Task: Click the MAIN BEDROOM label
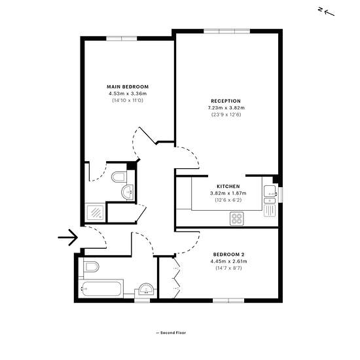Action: click(128, 87)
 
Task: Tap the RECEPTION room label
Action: click(226, 101)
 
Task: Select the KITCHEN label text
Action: click(228, 187)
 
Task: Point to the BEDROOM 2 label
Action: click(228, 255)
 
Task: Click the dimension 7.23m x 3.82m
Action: click(226, 108)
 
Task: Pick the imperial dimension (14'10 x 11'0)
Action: click(128, 100)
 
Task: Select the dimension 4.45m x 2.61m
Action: click(228, 261)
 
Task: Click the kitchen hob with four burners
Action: click(237, 219)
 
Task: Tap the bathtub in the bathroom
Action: click(101, 289)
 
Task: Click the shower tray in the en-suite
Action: click(96, 213)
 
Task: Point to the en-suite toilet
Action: click(119, 177)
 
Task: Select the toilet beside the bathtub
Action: click(92, 266)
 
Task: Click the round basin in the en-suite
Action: click(128, 192)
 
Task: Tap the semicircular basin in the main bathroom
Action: click(146, 290)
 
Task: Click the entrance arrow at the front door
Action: click(68, 238)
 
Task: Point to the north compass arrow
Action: click(329, 13)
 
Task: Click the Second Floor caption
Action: click(171, 333)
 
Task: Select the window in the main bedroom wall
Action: click(122, 39)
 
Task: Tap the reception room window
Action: click(227, 31)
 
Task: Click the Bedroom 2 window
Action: click(228, 300)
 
